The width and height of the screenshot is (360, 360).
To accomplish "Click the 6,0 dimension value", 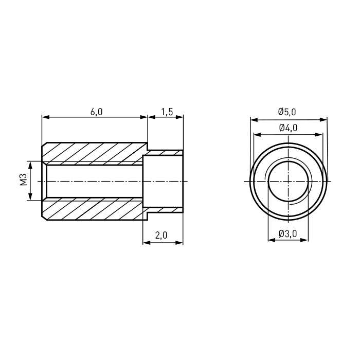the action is [x=97, y=112].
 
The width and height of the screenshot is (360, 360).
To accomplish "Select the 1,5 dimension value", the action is [x=167, y=112].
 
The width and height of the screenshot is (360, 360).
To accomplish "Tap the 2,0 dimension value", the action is [x=161, y=235].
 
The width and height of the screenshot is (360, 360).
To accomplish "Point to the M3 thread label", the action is [x=24, y=179].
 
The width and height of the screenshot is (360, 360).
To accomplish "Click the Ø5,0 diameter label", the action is [x=287, y=112].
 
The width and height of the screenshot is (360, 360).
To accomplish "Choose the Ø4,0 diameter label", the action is [x=288, y=128].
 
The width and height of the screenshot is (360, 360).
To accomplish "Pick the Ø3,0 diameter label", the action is [x=288, y=233].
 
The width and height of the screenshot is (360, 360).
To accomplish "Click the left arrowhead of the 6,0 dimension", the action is [x=46, y=117].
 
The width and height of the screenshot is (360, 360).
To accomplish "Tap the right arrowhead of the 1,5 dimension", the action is [x=179, y=117].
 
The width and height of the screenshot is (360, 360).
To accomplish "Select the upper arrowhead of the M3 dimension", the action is [x=30, y=165].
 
